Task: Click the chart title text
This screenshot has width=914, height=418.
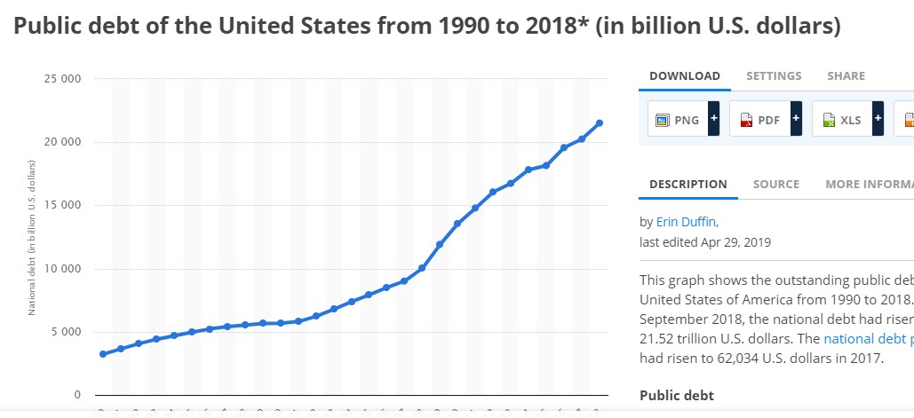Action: pyautogui.click(x=426, y=27)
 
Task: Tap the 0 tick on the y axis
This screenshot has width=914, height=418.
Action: pyautogui.click(x=77, y=395)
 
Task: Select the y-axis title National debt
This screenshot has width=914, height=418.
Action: pyautogui.click(x=31, y=238)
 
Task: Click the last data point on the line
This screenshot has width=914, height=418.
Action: pyautogui.click(x=600, y=122)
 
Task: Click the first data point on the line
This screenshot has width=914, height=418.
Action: pyautogui.click(x=103, y=354)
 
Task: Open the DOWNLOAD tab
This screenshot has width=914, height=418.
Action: pyautogui.click(x=684, y=76)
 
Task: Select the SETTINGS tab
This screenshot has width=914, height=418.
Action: pyautogui.click(x=774, y=76)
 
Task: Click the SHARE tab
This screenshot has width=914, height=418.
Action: pyautogui.click(x=846, y=76)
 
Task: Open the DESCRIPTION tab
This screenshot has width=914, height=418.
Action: pyautogui.click(x=687, y=185)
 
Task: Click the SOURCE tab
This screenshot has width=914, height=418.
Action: pyautogui.click(x=776, y=185)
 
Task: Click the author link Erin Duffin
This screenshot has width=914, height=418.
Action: pyautogui.click(x=687, y=222)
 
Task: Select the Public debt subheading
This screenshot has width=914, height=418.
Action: pyautogui.click(x=676, y=396)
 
